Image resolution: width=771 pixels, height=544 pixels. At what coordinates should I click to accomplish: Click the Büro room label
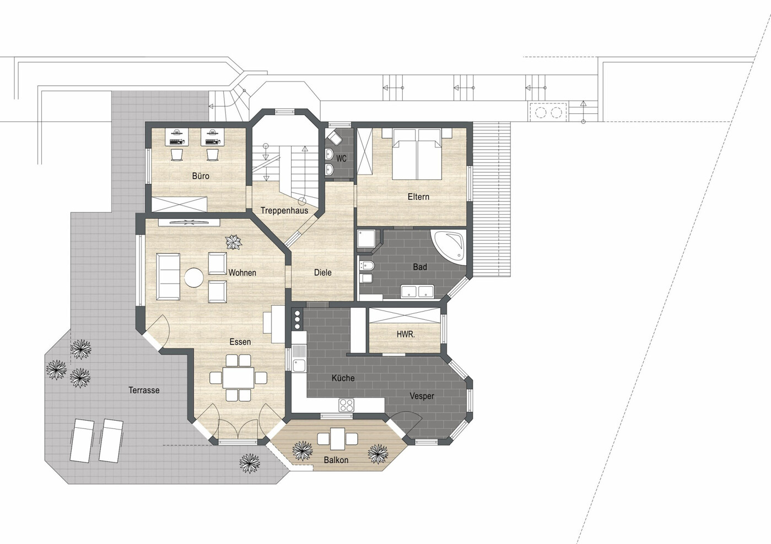(201, 176)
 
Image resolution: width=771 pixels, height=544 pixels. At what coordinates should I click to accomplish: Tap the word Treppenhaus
(284, 210)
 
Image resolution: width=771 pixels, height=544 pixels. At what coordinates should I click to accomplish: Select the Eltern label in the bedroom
(418, 197)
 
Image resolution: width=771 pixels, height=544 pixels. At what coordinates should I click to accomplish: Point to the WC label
(342, 159)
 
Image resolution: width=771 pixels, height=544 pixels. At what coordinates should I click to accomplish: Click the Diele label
(323, 273)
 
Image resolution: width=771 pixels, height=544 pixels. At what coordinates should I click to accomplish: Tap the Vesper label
(422, 396)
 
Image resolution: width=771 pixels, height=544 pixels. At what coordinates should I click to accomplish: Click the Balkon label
(336, 460)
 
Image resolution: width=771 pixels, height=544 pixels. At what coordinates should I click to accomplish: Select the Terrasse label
(144, 390)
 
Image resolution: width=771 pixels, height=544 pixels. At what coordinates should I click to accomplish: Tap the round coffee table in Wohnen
(194, 277)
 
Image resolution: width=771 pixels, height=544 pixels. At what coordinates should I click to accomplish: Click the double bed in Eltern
(417, 154)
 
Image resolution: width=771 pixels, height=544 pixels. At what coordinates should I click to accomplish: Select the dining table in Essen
(238, 378)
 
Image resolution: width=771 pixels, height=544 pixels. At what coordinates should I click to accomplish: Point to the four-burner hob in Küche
(346, 405)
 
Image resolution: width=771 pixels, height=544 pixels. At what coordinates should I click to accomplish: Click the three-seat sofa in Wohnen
(168, 277)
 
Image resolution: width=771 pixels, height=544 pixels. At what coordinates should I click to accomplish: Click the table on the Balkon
(337, 438)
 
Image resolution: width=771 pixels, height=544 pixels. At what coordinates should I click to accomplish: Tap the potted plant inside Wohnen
(233, 242)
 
